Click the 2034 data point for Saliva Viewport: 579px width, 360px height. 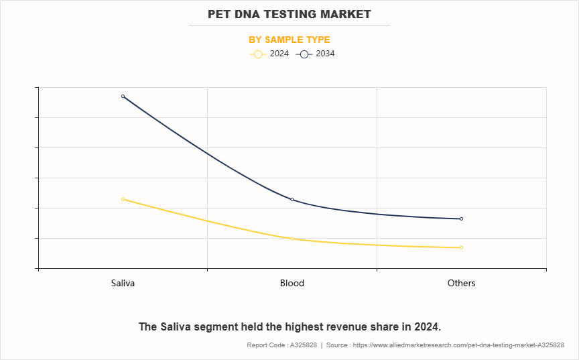pos(123,97)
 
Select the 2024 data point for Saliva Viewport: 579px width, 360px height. pos(123,199)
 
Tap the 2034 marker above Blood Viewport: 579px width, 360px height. pos(292,200)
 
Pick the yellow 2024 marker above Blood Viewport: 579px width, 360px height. pos(292,239)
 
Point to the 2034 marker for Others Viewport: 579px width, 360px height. pos(461,219)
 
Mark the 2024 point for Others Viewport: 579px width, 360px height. pos(461,247)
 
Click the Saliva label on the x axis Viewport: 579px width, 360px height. pos(123,283)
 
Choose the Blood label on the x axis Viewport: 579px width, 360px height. pos(292,283)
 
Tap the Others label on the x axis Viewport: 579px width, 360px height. pos(461,283)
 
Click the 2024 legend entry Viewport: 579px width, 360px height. pos(270,54)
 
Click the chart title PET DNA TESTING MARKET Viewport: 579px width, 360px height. pos(289,14)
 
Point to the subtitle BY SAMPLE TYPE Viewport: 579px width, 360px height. pos(289,40)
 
